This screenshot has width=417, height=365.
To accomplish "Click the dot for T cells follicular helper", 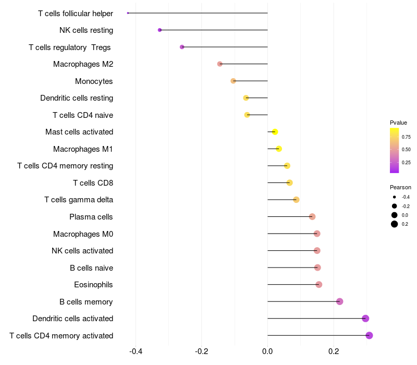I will point(128,13).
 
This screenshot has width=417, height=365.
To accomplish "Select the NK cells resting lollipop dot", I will point(160,30).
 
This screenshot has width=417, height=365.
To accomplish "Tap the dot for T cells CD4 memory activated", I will point(369,335).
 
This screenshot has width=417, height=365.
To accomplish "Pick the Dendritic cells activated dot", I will point(365,319).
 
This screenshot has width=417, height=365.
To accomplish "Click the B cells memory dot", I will point(339,301).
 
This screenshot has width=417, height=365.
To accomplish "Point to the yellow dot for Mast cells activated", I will point(275,132).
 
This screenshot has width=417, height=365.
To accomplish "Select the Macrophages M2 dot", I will point(219,64).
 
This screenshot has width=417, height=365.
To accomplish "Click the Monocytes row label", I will point(94,81).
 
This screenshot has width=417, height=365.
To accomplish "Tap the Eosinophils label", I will point(93,285).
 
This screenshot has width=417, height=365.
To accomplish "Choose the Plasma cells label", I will point(91,217).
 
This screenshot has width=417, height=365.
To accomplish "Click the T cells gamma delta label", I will point(79,200).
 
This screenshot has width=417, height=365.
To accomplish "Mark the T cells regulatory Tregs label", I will point(70,47).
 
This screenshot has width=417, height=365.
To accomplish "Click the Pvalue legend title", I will point(398,123).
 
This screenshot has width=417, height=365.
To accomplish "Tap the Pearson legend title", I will point(400,187).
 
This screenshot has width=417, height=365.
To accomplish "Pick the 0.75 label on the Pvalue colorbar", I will point(406,137).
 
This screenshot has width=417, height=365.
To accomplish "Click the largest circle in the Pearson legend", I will point(395,224).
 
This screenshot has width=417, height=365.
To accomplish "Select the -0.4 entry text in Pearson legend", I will point(406,197).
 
